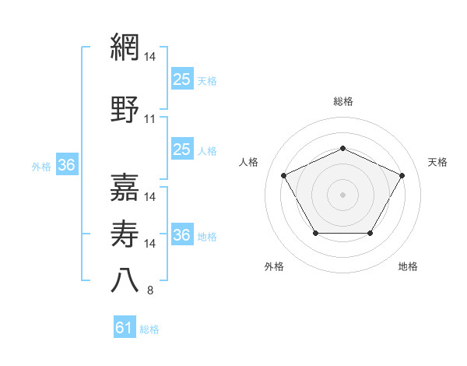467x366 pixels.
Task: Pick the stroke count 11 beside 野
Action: click(x=150, y=119)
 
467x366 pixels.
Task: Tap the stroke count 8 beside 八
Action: click(x=150, y=291)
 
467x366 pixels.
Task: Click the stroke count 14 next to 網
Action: click(x=150, y=56)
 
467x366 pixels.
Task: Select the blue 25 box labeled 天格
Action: click(x=181, y=79)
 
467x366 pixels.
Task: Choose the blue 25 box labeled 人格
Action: click(x=181, y=150)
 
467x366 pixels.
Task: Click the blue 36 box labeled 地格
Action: click(x=181, y=235)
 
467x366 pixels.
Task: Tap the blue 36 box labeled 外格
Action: click(x=66, y=165)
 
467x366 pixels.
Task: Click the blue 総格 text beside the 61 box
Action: click(x=149, y=329)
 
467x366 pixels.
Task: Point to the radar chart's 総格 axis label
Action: click(x=342, y=101)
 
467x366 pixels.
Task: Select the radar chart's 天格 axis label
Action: click(x=437, y=162)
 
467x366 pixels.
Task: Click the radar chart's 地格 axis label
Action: click(x=408, y=266)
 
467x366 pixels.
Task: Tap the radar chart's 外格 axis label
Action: click(x=274, y=266)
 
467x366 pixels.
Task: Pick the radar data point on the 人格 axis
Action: click(x=283, y=174)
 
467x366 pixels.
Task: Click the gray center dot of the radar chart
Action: click(x=342, y=194)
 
